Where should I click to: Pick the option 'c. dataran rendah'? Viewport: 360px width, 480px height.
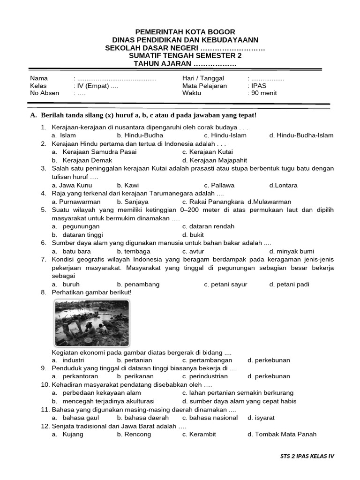click(208, 226)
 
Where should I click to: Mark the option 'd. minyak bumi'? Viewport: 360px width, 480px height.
click(292, 251)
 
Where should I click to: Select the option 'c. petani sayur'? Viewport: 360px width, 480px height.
click(225, 284)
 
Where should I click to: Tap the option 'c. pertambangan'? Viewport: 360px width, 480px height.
click(207, 360)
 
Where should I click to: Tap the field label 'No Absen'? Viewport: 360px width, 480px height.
click(45, 93)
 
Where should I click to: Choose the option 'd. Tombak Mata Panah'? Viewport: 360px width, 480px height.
click(282, 434)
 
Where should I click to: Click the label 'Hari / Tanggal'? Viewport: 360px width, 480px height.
click(203, 78)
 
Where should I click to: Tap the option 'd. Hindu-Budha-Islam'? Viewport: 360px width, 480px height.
click(301, 135)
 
